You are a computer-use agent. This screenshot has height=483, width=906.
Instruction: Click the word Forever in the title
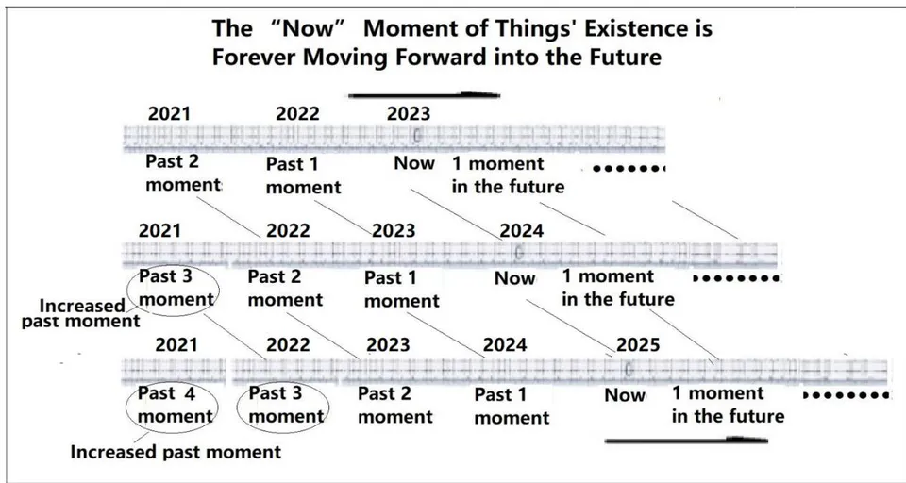pyautogui.click(x=254, y=58)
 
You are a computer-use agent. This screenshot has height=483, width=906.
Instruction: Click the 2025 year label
pyautogui.click(x=638, y=345)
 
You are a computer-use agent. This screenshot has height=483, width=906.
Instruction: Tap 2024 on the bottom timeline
pyautogui.click(x=505, y=345)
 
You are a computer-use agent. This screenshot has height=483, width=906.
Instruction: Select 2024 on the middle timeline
pyautogui.click(x=522, y=230)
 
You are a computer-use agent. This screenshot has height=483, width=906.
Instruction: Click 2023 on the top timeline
pyautogui.click(x=409, y=114)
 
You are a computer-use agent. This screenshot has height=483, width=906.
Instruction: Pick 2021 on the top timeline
pyautogui.click(x=169, y=114)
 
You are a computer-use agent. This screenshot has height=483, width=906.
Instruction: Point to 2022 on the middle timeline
pyautogui.click(x=288, y=230)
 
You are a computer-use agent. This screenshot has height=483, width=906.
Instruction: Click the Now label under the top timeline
pyautogui.click(x=414, y=163)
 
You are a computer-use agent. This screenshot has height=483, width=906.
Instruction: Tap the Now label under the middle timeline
pyautogui.click(x=515, y=278)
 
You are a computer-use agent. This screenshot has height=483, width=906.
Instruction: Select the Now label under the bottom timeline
pyautogui.click(x=625, y=395)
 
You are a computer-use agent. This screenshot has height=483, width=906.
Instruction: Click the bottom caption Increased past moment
pyautogui.click(x=176, y=452)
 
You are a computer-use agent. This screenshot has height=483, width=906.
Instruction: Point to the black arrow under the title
pyautogui.click(x=424, y=94)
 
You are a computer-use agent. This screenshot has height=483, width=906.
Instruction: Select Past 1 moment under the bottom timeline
pyautogui.click(x=512, y=406)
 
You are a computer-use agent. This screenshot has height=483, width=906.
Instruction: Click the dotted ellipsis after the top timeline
pyautogui.click(x=629, y=169)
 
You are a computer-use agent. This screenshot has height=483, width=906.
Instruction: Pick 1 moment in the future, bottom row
pyautogui.click(x=728, y=405)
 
